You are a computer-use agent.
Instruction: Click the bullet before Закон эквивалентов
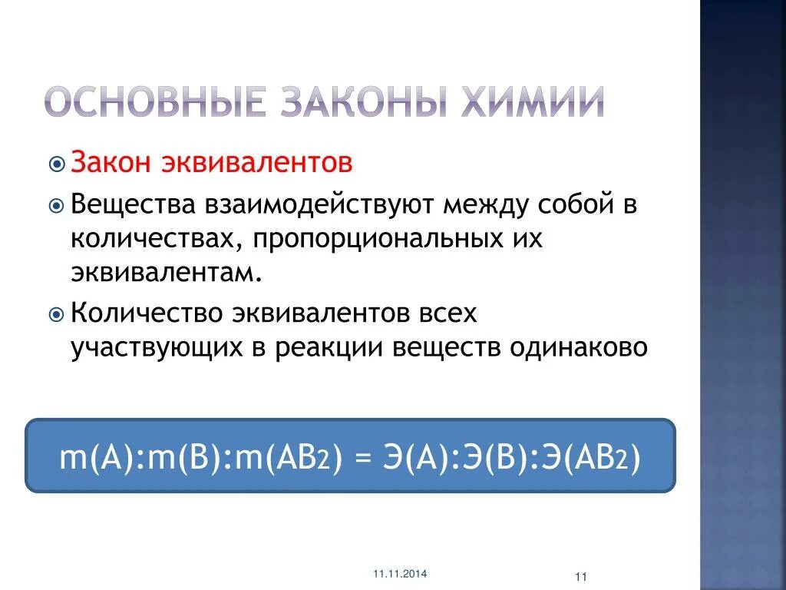57,164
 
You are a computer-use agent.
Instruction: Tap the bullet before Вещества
57,206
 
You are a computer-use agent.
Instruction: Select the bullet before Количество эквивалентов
57,314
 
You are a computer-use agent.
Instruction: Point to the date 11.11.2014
401,574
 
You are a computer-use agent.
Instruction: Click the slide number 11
580,577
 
